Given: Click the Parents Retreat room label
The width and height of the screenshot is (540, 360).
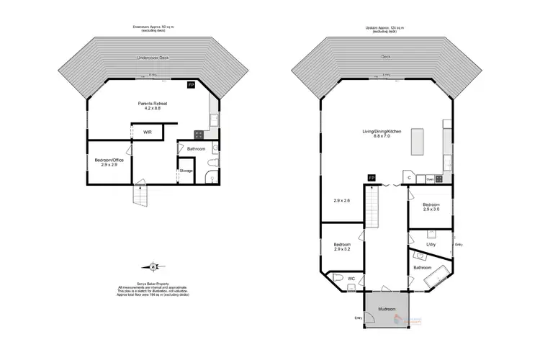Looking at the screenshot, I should click(x=153, y=105).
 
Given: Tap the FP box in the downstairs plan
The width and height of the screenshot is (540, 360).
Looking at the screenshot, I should click(x=191, y=85).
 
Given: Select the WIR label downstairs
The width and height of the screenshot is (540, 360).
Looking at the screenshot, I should click(x=147, y=132).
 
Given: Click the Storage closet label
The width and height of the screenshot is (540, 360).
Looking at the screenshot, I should click(x=186, y=171).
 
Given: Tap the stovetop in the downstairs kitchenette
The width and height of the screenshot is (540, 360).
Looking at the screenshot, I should click(x=199, y=133).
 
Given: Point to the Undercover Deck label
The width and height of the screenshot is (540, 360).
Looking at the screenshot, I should click(x=152, y=58).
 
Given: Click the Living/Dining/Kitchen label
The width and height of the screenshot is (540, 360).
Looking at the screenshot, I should click(x=382, y=133).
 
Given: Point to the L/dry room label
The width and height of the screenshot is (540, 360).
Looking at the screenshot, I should click(x=431, y=245).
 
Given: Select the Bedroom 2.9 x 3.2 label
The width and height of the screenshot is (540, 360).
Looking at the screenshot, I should click(x=342, y=247).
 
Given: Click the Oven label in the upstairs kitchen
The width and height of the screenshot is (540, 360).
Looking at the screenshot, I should click(x=430, y=180).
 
